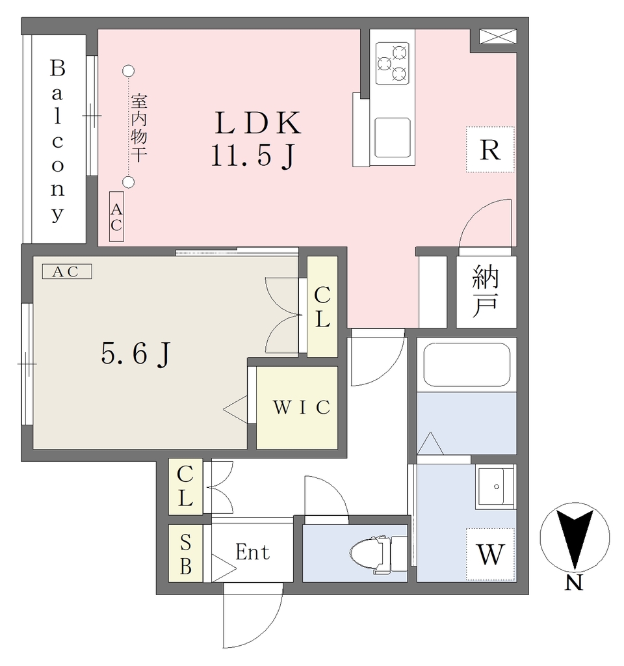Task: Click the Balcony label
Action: (x=58, y=140)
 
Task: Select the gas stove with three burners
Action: (x=392, y=63)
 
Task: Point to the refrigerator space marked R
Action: (x=490, y=150)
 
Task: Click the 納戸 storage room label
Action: (x=486, y=291)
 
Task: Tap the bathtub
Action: (x=467, y=364)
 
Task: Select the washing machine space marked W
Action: (x=490, y=554)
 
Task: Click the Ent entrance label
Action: (x=252, y=552)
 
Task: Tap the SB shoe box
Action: (x=185, y=553)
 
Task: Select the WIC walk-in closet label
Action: (x=302, y=407)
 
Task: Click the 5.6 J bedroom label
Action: (x=135, y=353)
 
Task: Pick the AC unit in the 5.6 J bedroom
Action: (x=67, y=271)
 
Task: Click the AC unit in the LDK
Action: (x=116, y=216)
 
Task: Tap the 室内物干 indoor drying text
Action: (x=138, y=128)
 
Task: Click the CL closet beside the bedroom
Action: (x=322, y=306)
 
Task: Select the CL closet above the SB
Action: (x=185, y=486)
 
